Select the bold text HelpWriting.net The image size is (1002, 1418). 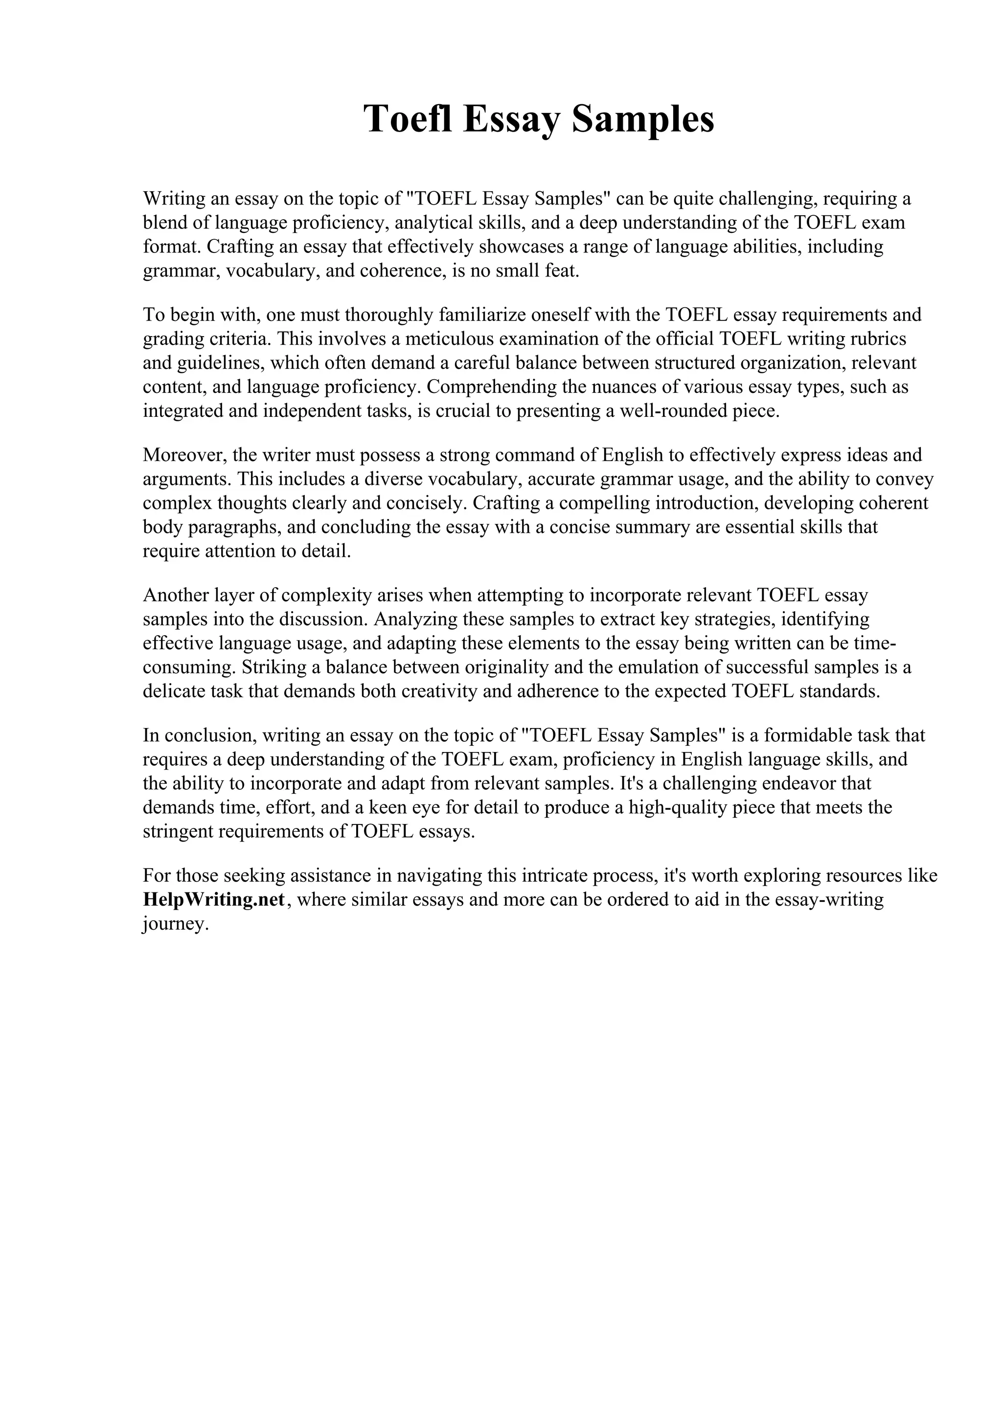coord(214,899)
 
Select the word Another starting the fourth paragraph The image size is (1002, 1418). coord(176,595)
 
